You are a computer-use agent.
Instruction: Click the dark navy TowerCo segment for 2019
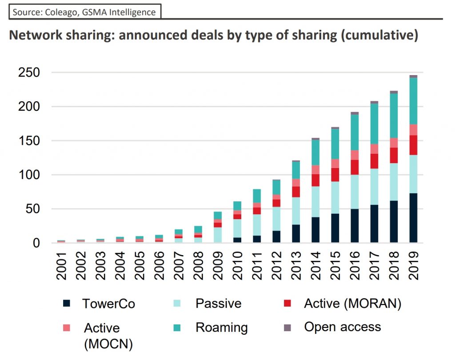point(413,218)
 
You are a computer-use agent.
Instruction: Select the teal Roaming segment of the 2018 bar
point(394,116)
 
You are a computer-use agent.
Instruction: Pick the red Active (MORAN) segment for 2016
point(355,167)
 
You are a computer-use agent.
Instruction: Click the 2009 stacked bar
point(218,227)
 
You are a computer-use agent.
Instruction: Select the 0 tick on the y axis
point(36,243)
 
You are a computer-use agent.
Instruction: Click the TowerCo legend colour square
point(66,304)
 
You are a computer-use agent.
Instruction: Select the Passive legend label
point(218,304)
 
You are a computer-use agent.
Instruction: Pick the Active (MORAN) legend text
point(352,304)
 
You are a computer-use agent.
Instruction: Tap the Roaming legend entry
point(221,328)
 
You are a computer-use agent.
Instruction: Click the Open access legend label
point(342,327)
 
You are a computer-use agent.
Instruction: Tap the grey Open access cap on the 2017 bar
point(374,102)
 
